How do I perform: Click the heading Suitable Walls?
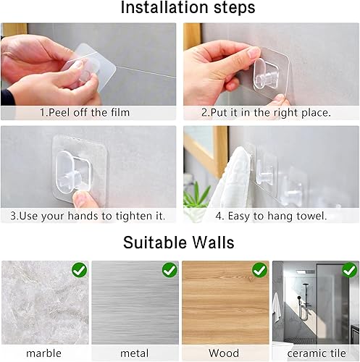pyautogui.click(x=180, y=243)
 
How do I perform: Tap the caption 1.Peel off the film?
pyautogui.click(x=89, y=112)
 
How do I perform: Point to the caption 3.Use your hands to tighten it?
pyautogui.click(x=89, y=216)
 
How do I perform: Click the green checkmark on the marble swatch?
pyautogui.click(x=79, y=270)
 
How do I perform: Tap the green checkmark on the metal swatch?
pyautogui.click(x=169, y=270)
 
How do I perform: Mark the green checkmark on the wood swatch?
pyautogui.click(x=259, y=270)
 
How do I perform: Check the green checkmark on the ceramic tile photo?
pyautogui.click(x=349, y=270)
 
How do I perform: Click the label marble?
pyautogui.click(x=43, y=353)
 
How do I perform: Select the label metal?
pyautogui.click(x=134, y=353)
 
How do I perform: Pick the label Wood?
pyautogui.click(x=225, y=353)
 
